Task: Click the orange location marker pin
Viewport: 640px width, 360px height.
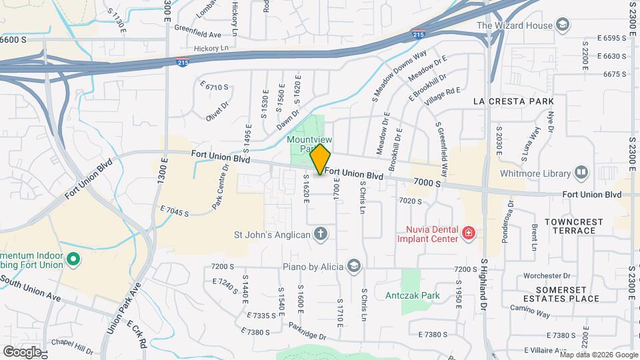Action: pos(320,159)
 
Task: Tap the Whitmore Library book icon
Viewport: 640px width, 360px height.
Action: pos(581,173)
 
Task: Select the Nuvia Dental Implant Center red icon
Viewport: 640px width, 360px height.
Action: pos(469,233)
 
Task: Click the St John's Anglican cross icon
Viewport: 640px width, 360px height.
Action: pos(321,233)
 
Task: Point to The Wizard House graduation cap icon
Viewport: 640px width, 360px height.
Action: pos(563,26)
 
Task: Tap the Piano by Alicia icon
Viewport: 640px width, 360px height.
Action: pos(353,267)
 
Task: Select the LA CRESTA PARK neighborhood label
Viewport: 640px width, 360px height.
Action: pos(513,101)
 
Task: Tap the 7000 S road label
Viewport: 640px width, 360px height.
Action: pos(428,182)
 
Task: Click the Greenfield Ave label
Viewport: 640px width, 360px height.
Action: pos(197,34)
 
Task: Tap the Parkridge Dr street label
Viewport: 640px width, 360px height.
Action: pos(307,331)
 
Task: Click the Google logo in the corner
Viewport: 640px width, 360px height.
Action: pos(21,351)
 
